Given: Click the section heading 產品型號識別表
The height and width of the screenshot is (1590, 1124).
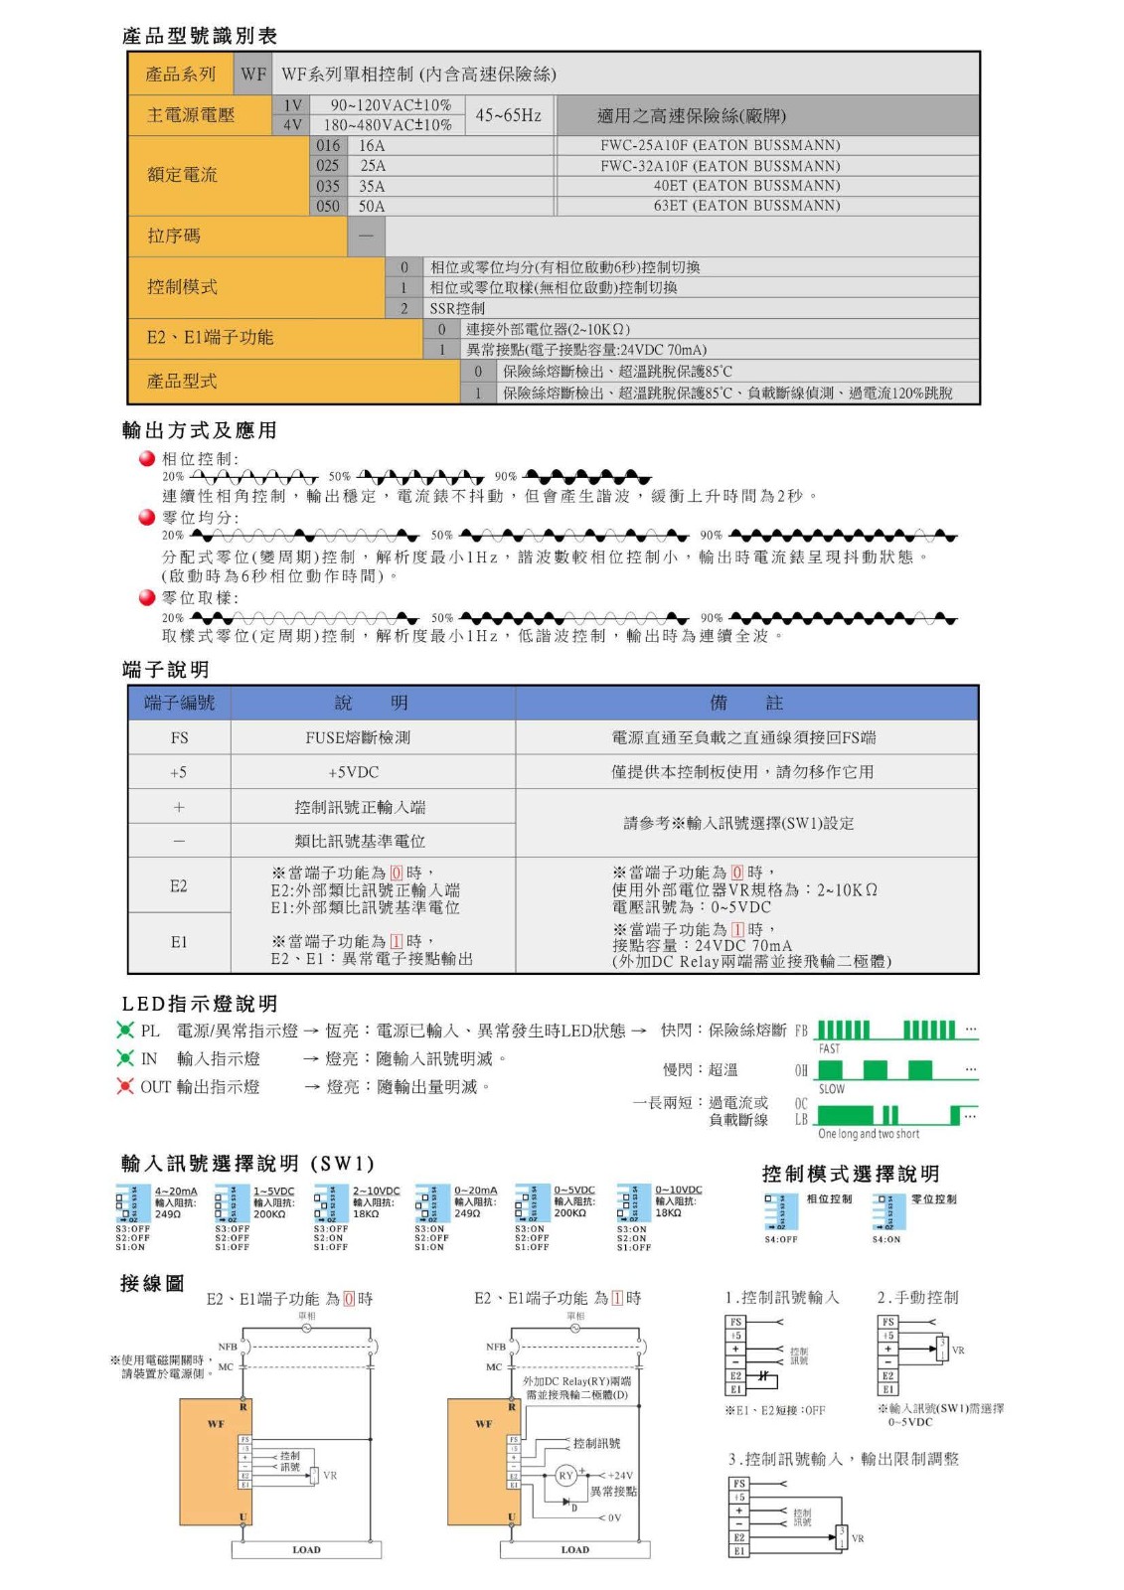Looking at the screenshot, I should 200,36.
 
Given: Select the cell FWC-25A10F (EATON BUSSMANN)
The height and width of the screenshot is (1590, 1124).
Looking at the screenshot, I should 720,145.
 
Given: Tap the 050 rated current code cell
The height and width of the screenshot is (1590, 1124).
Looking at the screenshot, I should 328,206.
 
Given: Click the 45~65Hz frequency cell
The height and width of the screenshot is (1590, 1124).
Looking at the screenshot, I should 508,115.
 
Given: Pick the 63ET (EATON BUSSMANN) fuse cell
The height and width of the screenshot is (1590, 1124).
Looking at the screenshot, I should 746,206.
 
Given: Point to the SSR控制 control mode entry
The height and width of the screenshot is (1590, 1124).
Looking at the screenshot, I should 456,308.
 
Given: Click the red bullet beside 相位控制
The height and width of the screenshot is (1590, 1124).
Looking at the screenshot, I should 147,458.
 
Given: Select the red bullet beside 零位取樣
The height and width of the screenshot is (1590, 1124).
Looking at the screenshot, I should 147,597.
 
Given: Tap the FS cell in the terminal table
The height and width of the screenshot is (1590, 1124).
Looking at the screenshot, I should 179,737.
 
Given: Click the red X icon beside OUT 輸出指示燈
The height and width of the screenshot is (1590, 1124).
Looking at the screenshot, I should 125,1086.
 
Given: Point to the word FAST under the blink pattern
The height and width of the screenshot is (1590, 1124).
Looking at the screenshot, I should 829,1048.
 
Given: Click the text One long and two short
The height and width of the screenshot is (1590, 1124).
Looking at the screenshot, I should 868,1134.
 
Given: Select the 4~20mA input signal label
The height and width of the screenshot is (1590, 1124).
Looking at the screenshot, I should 176,1191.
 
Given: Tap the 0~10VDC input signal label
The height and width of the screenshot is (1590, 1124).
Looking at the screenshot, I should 678,1190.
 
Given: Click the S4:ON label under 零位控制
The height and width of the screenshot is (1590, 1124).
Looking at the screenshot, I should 885,1239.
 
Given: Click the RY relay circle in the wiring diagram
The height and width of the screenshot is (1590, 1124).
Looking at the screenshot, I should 565,1476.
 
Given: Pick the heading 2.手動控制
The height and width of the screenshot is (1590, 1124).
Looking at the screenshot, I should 917,1298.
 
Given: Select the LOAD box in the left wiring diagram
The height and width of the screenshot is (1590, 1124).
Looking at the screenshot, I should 306,1549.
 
